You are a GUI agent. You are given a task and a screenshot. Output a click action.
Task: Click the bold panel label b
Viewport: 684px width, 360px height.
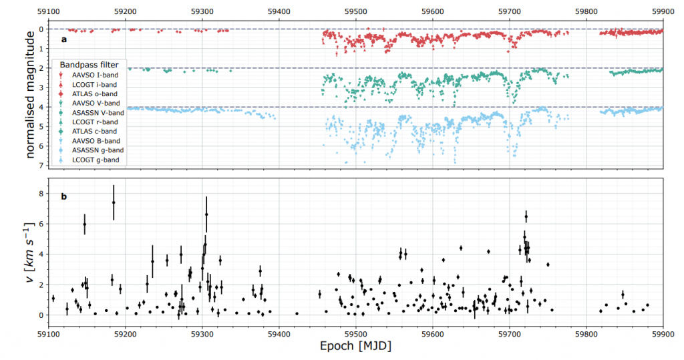point(63,196)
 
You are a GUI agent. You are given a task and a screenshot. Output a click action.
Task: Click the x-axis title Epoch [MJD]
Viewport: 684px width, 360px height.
point(355,347)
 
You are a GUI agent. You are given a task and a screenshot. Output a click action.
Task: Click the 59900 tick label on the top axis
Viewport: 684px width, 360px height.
point(663,11)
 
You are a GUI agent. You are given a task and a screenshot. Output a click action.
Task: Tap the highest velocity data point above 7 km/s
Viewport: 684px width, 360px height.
point(114,202)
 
